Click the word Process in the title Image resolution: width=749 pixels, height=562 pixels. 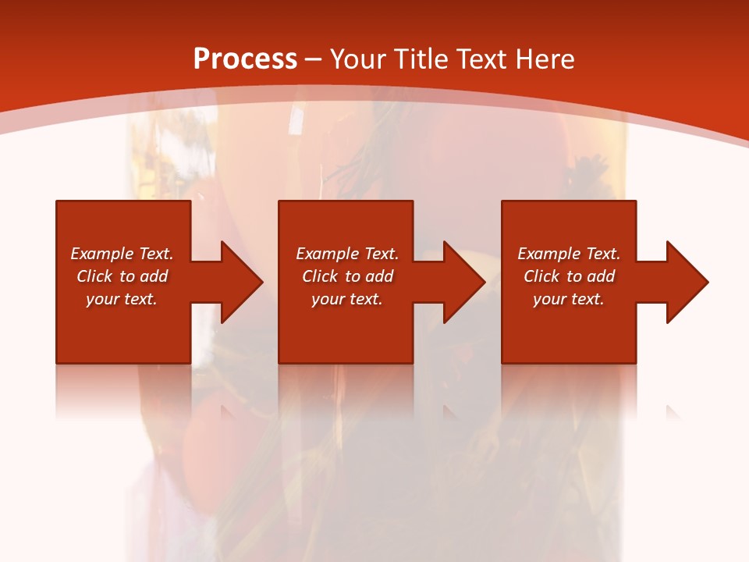click(245, 59)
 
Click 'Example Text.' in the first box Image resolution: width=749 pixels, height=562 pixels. click(122, 254)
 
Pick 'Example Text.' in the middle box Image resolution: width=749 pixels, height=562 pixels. click(346, 254)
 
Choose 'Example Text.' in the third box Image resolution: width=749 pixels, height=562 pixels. click(569, 254)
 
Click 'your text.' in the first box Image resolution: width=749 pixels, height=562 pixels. click(122, 299)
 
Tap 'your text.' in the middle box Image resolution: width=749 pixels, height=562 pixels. click(346, 299)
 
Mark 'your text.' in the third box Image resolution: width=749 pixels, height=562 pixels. click(569, 299)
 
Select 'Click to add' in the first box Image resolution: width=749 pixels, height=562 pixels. click(122, 276)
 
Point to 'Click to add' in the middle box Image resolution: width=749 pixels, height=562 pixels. click(346, 276)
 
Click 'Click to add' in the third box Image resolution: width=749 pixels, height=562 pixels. click(569, 276)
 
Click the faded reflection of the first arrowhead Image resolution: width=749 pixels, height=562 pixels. click(229, 410)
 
